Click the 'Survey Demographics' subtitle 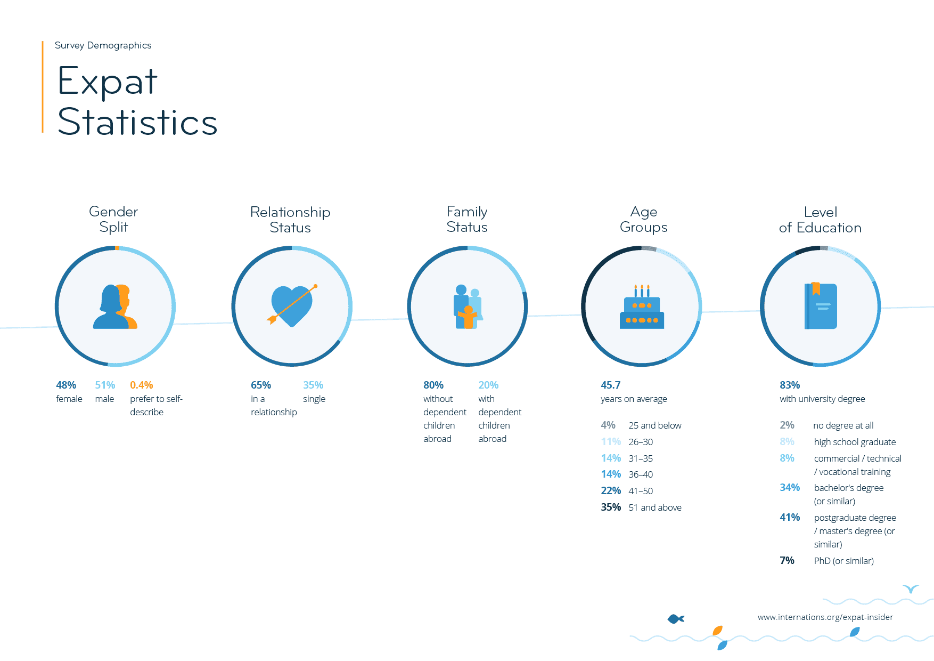point(103,45)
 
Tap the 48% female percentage point(66,385)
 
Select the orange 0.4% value point(141,385)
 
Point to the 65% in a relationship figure point(261,385)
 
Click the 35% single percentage point(313,385)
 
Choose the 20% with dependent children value point(488,385)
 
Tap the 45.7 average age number point(611,385)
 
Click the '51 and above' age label point(655,507)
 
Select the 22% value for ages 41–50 point(611,490)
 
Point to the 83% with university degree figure point(790,385)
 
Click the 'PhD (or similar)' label point(843,561)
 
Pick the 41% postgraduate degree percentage point(790,517)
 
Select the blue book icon point(821,306)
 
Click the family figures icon point(468,307)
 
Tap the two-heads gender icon point(115,307)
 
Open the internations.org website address point(825,617)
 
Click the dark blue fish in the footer point(676,619)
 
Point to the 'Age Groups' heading point(643,219)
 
